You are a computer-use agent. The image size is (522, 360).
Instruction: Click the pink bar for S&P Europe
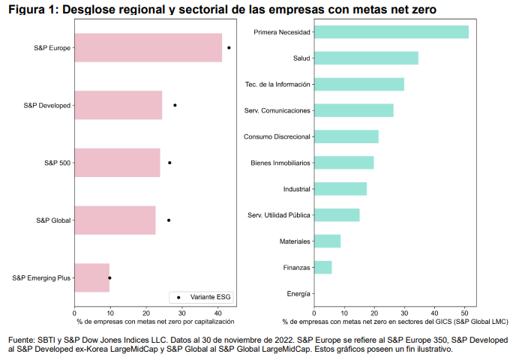pos(148,47)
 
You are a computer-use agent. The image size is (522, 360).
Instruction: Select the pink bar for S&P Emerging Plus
pos(92,277)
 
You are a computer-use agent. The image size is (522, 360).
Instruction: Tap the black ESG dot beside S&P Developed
pos(175,105)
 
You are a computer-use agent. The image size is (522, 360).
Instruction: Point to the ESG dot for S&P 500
pos(169,163)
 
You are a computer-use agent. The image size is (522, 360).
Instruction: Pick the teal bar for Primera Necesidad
pos(391,31)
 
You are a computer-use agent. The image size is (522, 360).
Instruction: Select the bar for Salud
pos(366,58)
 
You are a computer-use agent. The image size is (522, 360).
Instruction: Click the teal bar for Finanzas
pos(322,267)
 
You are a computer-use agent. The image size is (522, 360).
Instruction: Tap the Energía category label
pos(298,293)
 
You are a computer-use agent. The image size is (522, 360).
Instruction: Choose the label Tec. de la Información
pos(277,84)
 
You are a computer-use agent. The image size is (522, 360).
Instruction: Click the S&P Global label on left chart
pos(53,220)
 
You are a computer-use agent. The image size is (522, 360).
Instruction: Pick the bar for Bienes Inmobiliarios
pos(343,163)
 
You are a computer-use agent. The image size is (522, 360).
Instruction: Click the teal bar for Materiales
pos(327,241)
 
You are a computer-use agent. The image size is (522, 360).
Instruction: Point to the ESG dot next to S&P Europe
pos(229,47)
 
